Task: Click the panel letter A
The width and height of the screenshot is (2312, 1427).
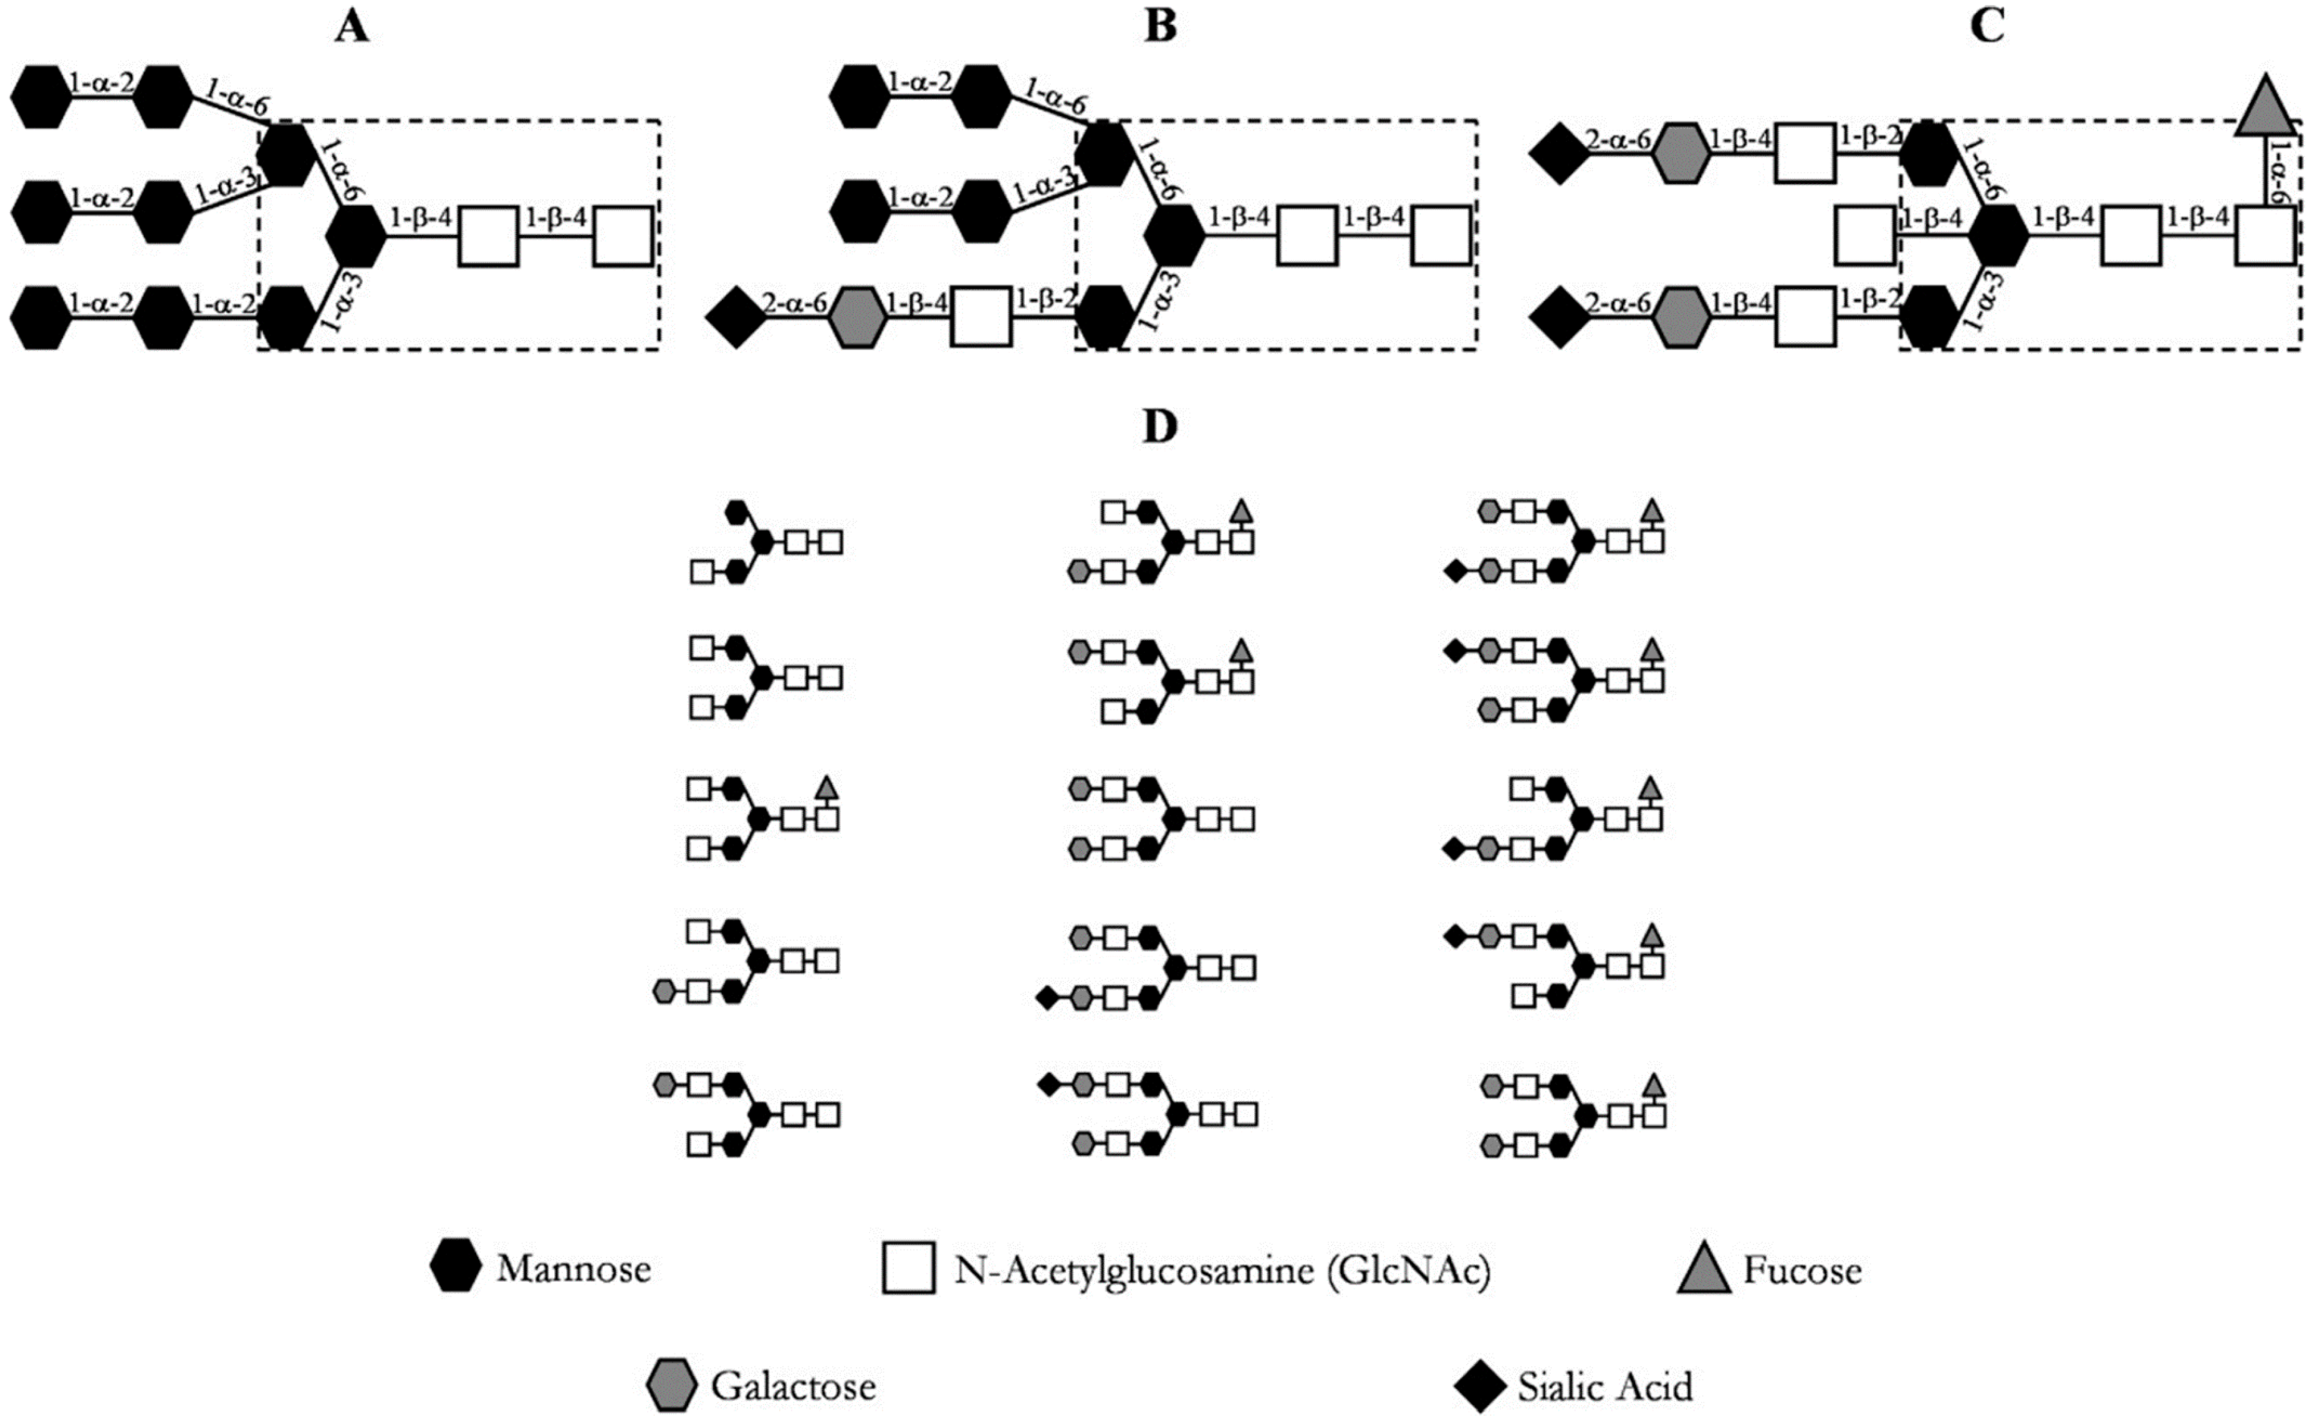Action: point(352,27)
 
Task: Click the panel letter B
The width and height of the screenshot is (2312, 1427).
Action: point(1160,27)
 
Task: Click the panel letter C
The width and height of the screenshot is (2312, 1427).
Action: point(1987,27)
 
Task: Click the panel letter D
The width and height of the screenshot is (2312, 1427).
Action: point(1160,428)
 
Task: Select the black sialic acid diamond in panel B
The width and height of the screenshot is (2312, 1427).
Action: point(736,319)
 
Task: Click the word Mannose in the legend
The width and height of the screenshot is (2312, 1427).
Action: point(573,1269)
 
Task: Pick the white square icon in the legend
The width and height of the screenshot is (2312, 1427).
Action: point(909,1267)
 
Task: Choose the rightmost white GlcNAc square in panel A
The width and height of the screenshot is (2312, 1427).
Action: point(623,236)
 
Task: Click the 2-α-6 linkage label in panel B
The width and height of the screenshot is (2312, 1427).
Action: point(795,304)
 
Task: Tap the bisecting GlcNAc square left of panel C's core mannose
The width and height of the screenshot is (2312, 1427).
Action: point(1864,236)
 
